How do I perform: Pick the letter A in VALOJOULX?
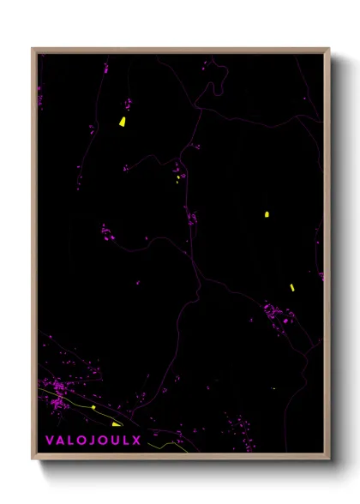(60, 441)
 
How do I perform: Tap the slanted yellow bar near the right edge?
(291, 287)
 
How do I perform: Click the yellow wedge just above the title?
(116, 423)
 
